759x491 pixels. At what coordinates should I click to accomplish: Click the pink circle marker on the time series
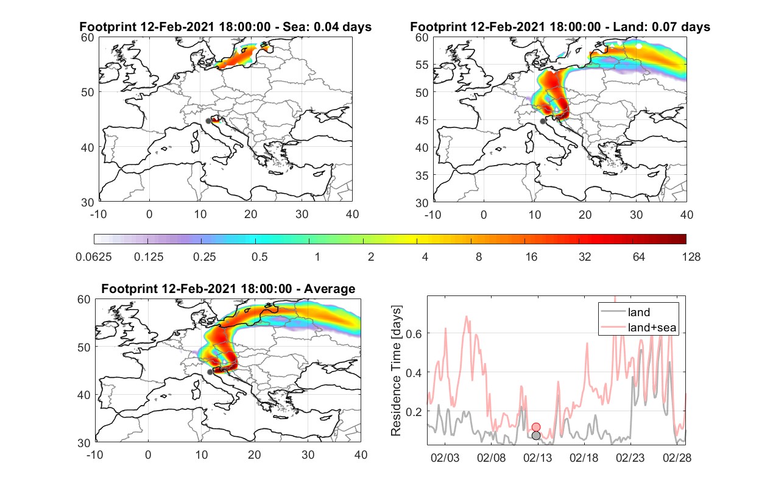pos(535,427)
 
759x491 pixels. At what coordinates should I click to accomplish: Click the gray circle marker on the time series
pos(535,436)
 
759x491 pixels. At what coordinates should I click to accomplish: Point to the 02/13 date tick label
pos(537,457)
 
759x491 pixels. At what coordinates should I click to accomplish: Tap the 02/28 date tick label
pos(677,457)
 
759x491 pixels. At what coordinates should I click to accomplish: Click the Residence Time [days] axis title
pos(396,371)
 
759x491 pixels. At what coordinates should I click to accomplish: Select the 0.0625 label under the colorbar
pos(94,257)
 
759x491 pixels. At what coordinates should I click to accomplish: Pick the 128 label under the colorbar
pos(691,257)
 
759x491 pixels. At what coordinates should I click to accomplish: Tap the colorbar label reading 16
pos(531,257)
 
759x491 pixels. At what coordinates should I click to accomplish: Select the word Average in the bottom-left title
pos(330,289)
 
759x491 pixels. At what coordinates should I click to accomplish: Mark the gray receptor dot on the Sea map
pos(208,121)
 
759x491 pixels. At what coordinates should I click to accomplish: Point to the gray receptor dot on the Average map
pos(210,372)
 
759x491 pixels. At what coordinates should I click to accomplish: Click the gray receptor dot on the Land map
pos(543,121)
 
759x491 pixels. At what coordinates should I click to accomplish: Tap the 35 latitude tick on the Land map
pos(422,175)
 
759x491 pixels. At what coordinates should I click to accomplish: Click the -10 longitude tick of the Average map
pos(94,454)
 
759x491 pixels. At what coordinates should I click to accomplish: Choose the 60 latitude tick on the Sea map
pos(87,37)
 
